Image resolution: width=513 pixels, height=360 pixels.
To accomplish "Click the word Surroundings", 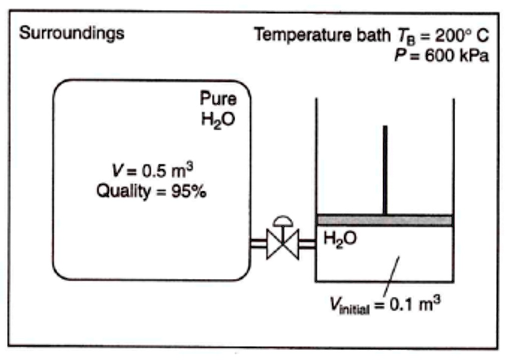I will tap(72, 34).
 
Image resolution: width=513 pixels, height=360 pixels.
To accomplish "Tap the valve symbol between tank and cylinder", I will tap(283, 244).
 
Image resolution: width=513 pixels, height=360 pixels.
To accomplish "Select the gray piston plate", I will tap(385, 220).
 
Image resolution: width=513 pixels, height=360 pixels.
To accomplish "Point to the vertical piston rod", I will tap(385, 170).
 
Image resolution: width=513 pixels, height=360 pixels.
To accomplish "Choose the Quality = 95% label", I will tap(151, 192).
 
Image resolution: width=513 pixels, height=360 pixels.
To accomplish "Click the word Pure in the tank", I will tap(218, 98).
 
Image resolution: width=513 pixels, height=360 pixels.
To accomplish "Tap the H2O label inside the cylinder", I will tap(340, 239).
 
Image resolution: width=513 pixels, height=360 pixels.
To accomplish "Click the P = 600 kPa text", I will tap(441, 55).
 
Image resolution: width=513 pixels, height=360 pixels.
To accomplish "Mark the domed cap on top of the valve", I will tap(283, 220).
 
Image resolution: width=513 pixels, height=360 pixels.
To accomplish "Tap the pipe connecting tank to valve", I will tap(258, 244).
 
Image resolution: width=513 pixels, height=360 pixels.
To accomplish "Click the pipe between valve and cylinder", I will tap(307, 244).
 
